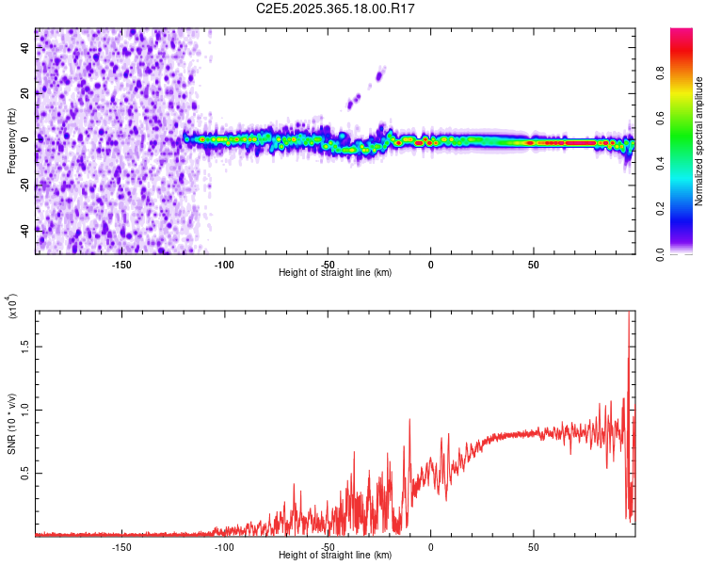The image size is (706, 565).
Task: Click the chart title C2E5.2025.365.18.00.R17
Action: pyautogui.click(x=336, y=8)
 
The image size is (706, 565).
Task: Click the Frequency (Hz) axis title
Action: pyautogui.click(x=11, y=139)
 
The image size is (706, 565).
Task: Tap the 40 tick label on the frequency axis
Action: pyautogui.click(x=25, y=47)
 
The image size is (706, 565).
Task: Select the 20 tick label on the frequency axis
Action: pyautogui.click(x=25, y=93)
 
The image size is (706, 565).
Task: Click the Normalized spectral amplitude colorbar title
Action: pyautogui.click(x=699, y=141)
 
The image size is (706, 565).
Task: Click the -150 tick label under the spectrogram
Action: pyautogui.click(x=121, y=265)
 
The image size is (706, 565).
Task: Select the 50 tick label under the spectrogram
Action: pyautogui.click(x=533, y=265)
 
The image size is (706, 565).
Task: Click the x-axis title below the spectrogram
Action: pyautogui.click(x=335, y=273)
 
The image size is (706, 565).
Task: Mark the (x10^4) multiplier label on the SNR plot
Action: pyautogui.click(x=11, y=306)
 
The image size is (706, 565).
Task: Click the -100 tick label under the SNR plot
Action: pyautogui.click(x=224, y=547)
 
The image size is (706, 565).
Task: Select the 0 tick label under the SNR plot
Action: pyautogui.click(x=430, y=547)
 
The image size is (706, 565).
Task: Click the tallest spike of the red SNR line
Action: pyautogui.click(x=629, y=315)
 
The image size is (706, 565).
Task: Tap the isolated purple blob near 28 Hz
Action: pyautogui.click(x=380, y=73)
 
